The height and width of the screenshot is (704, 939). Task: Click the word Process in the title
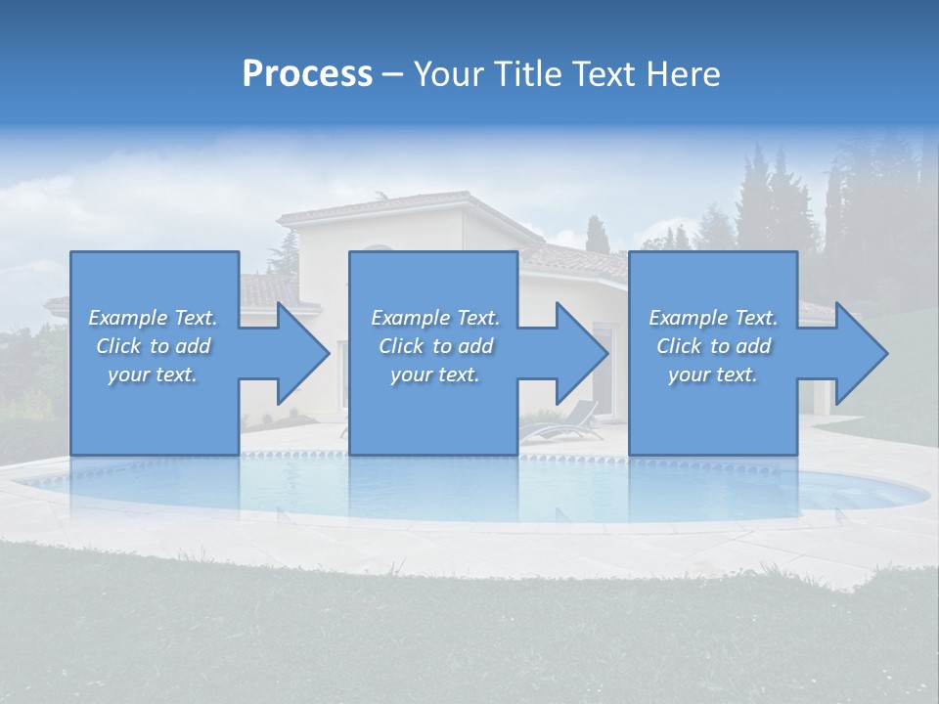click(x=307, y=74)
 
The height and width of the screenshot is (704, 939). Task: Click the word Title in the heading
click(x=528, y=74)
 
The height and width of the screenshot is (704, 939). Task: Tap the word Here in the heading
click(x=682, y=74)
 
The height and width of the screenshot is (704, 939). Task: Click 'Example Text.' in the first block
click(x=154, y=318)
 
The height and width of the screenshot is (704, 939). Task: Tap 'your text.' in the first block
click(x=154, y=374)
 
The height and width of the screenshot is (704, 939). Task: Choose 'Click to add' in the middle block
click(x=435, y=346)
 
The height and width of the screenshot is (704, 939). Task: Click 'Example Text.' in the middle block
click(x=435, y=318)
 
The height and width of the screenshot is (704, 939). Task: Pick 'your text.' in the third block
click(x=713, y=374)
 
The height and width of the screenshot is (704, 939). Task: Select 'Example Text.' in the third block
click(x=713, y=318)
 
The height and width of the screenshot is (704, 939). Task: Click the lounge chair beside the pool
click(x=567, y=425)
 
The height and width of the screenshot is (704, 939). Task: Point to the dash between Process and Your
click(x=392, y=75)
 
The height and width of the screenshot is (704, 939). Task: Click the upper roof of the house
click(x=391, y=207)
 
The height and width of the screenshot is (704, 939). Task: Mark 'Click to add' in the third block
click(x=713, y=346)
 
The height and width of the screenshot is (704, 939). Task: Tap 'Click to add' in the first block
click(x=154, y=346)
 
